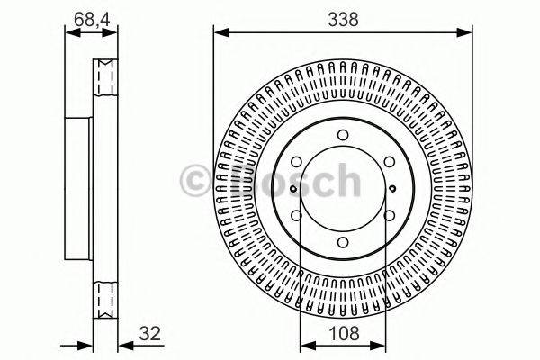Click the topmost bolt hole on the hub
343,136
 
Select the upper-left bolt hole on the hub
299,162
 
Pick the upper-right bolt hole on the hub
387,162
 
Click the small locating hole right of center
394,187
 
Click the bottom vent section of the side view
105,296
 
